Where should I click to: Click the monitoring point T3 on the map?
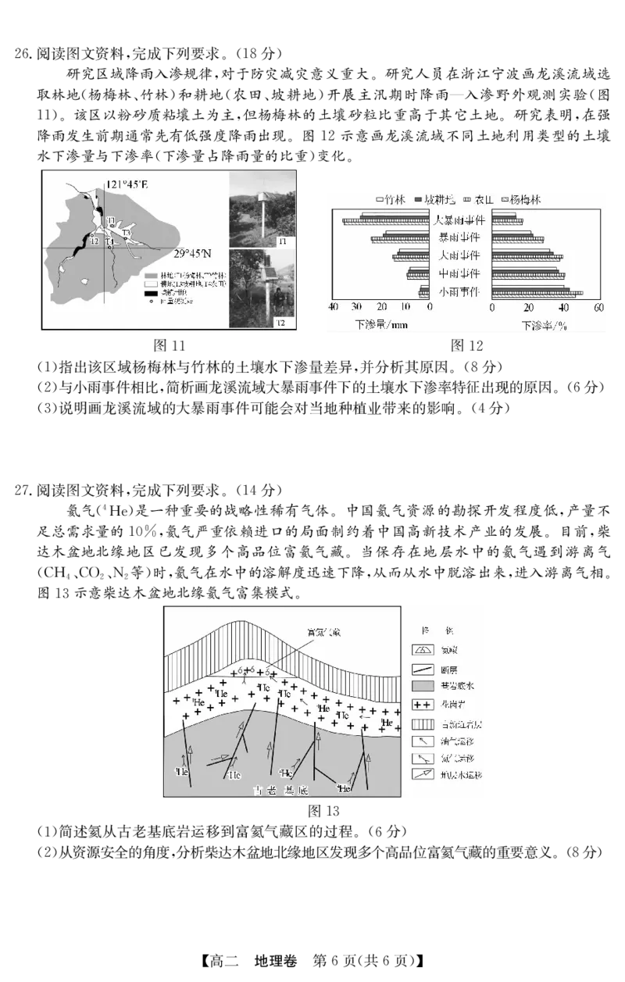[x=127, y=234]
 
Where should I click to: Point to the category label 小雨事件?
[x=461, y=291]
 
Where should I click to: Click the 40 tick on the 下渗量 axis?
[x=334, y=308]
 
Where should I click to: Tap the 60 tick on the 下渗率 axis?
[x=598, y=308]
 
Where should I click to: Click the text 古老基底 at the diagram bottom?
[x=281, y=791]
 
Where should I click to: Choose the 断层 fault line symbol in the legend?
[x=423, y=667]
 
